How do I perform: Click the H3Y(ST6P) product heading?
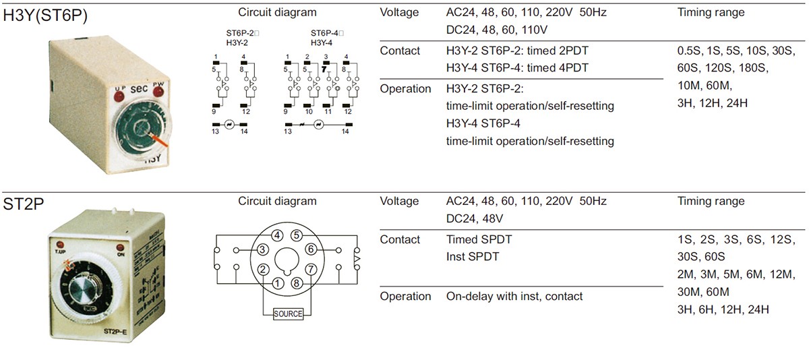[x=45, y=15]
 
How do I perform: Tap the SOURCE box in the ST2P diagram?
[x=288, y=313]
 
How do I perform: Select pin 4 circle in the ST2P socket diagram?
[x=277, y=235]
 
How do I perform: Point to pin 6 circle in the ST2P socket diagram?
[x=311, y=249]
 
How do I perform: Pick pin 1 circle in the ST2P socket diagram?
[x=278, y=283]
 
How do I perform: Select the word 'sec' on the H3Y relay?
[x=139, y=89]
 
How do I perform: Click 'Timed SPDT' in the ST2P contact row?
[x=479, y=240]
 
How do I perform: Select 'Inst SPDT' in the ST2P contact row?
[x=473, y=257]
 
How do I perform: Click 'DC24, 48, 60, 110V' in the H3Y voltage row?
[x=497, y=30]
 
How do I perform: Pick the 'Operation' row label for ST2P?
[x=405, y=297]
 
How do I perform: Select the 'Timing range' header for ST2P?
[x=711, y=202]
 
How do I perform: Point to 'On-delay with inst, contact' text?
[x=514, y=297]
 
